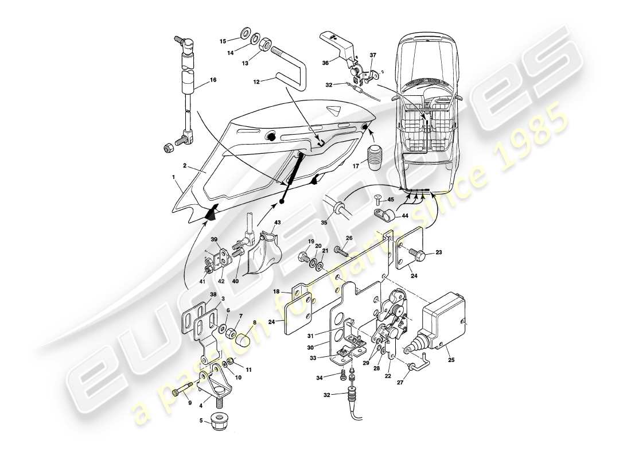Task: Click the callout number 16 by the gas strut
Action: point(213,80)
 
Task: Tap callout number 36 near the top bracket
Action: point(326,64)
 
